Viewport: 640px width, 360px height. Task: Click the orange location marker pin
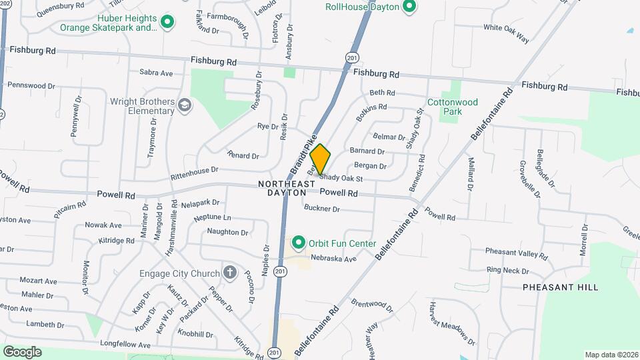[x=321, y=159]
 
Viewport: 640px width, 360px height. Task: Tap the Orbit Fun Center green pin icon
[x=299, y=243]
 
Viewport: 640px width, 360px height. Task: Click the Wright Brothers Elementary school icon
[x=185, y=105]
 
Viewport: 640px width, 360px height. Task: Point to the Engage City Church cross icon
[x=230, y=273]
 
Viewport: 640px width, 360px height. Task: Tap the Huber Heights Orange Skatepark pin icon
[x=168, y=22]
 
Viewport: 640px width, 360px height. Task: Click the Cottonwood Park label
[x=462, y=107]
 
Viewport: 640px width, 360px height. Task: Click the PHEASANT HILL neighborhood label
[x=560, y=287]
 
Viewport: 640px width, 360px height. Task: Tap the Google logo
[x=22, y=351]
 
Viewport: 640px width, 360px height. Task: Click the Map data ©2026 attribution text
[x=611, y=355]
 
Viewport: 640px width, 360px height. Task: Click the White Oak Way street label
[x=506, y=33]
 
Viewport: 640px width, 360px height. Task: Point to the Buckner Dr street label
[x=322, y=209]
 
